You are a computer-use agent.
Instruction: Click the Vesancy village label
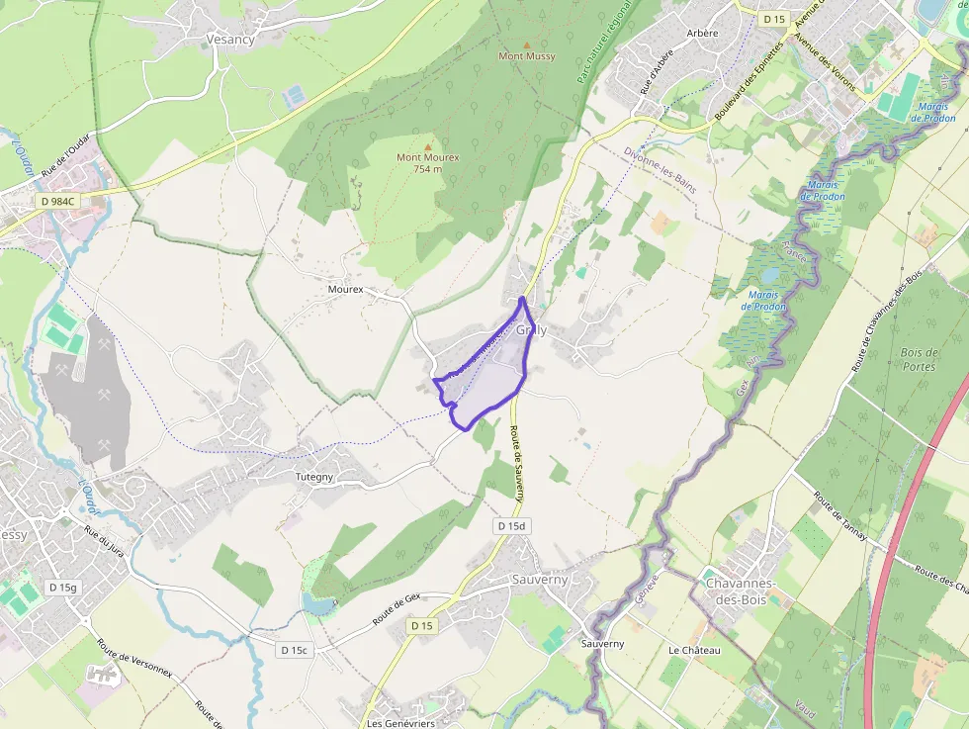click(230, 40)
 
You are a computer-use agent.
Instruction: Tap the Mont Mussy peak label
click(527, 56)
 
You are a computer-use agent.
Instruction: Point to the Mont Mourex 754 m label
click(427, 162)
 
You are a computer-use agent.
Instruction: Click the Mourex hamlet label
click(345, 290)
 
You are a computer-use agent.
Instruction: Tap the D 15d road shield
click(511, 527)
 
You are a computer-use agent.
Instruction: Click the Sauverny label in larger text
click(540, 580)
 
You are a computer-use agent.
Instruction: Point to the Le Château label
click(694, 650)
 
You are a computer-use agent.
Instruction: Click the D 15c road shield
click(296, 650)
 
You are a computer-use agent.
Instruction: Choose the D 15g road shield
click(62, 588)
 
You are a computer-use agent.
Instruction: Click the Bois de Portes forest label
click(919, 359)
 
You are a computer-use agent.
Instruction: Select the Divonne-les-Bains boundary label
click(661, 169)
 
